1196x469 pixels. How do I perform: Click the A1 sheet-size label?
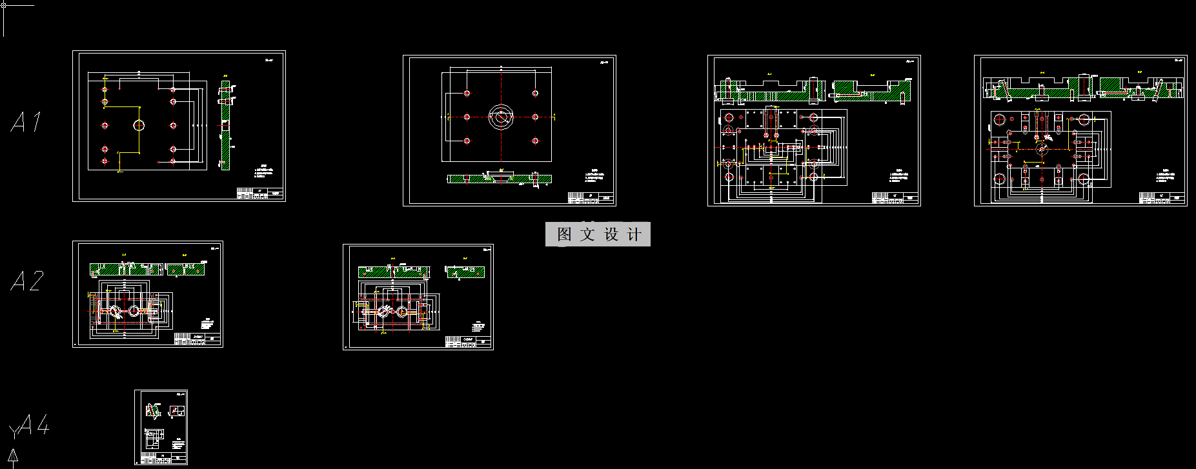pyautogui.click(x=26, y=122)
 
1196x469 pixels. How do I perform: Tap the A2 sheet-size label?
pyautogui.click(x=28, y=281)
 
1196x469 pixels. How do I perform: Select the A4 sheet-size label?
pyautogui.click(x=34, y=425)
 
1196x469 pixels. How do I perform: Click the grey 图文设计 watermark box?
pyautogui.click(x=598, y=234)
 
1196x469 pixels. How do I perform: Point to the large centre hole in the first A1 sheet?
pyautogui.click(x=139, y=125)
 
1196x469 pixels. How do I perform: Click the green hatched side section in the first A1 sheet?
pyautogui.click(x=225, y=125)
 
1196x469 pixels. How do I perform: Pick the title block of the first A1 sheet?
pyautogui.click(x=260, y=194)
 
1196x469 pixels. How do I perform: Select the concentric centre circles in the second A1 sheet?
pyautogui.click(x=501, y=117)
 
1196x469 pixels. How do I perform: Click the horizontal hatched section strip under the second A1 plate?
pyautogui.click(x=500, y=179)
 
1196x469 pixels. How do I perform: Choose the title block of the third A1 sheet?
pyautogui.click(x=895, y=198)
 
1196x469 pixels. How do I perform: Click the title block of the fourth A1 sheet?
pyautogui.click(x=1162, y=198)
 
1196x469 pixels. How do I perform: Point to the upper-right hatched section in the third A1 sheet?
pyautogui.click(x=871, y=90)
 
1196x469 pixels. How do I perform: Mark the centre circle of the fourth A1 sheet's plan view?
pyautogui.click(x=1041, y=149)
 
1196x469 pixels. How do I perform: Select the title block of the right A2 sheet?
pyautogui.click(x=469, y=342)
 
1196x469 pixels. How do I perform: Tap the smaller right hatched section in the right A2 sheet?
pyautogui.click(x=465, y=272)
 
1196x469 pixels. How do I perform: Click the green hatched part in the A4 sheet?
pyautogui.click(x=153, y=410)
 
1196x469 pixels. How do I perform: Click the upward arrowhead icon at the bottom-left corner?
pyautogui.click(x=12, y=457)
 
